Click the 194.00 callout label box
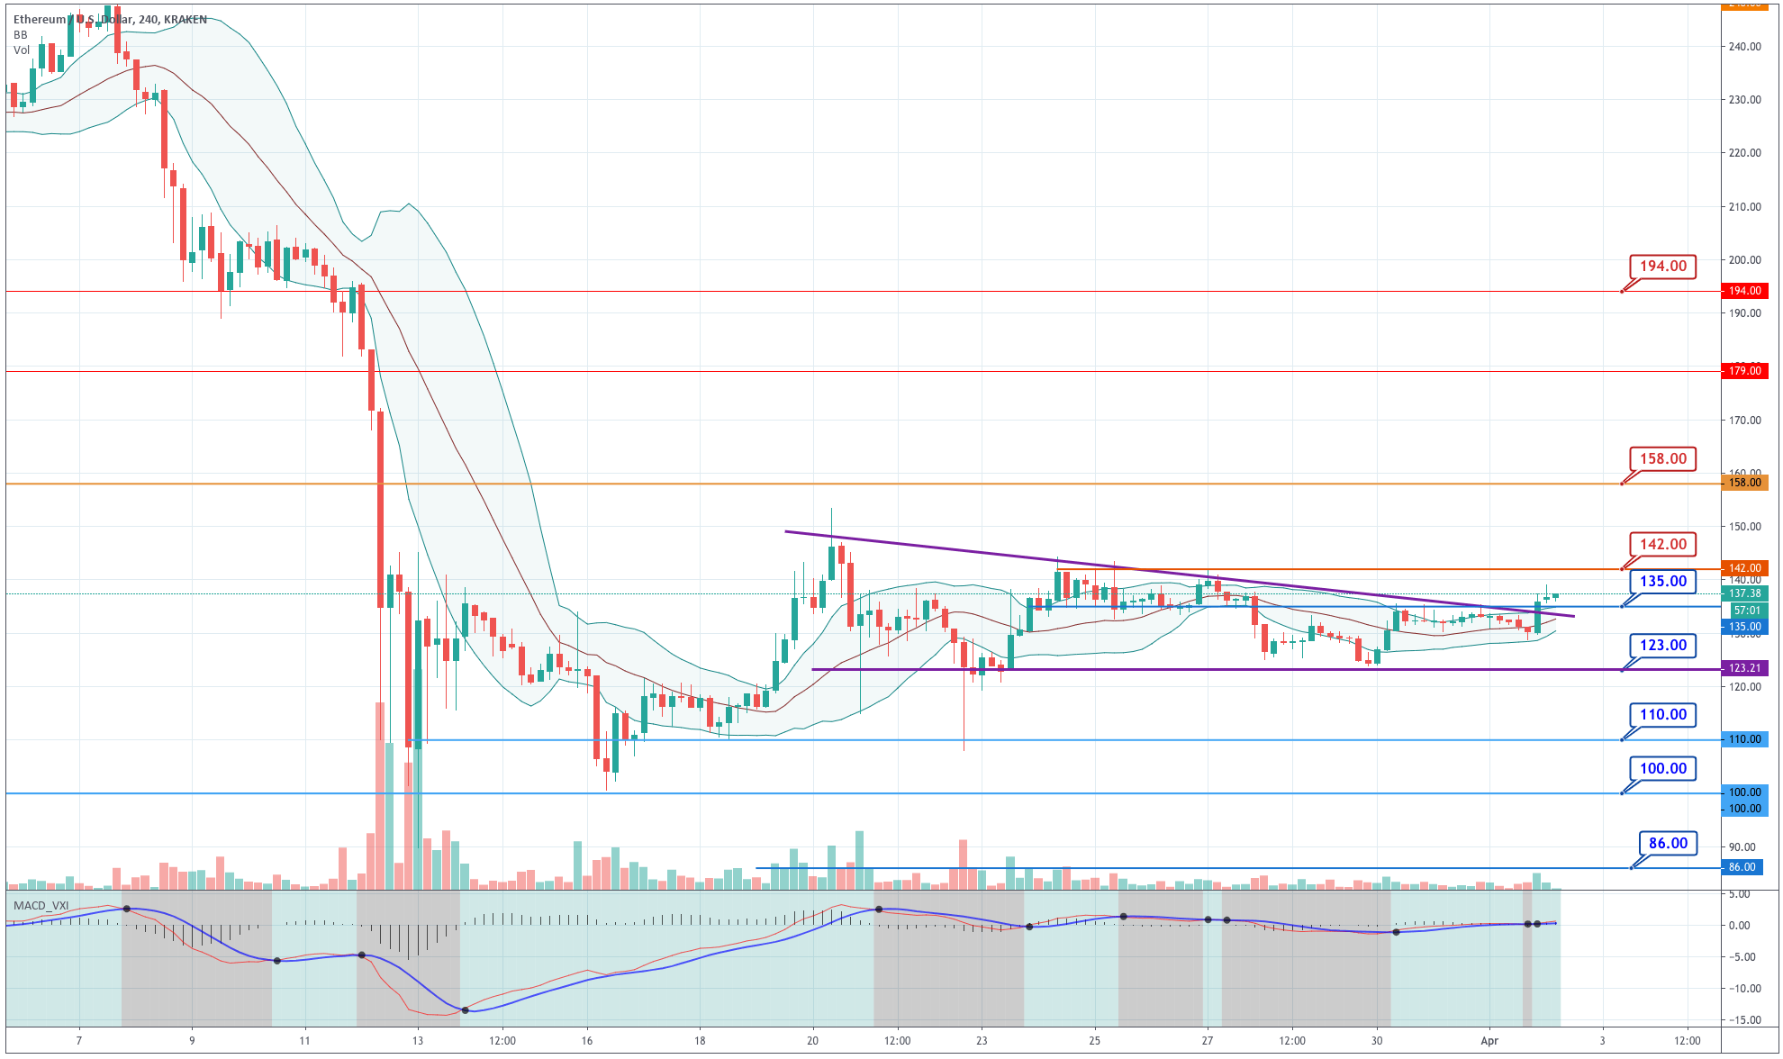[x=1662, y=267]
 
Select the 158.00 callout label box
[x=1662, y=459]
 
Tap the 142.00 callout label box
[x=1662, y=545]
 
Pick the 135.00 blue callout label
[x=1662, y=582]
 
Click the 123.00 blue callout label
[x=1662, y=646]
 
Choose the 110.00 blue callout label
[x=1662, y=715]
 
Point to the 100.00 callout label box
[x=1662, y=769]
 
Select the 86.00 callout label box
[x=1668, y=844]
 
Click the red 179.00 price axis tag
[x=1744, y=371]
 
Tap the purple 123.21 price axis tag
[x=1744, y=668]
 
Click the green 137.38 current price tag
[x=1744, y=593]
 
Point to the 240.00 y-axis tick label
[x=1744, y=47]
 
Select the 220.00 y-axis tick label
[x=1744, y=153]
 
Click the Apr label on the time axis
[x=1489, y=1041]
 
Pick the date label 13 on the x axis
[x=417, y=1041]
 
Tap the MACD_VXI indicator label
[x=41, y=905]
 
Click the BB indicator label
[x=20, y=35]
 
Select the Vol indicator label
[x=22, y=50]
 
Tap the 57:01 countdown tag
[x=1747, y=611]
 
